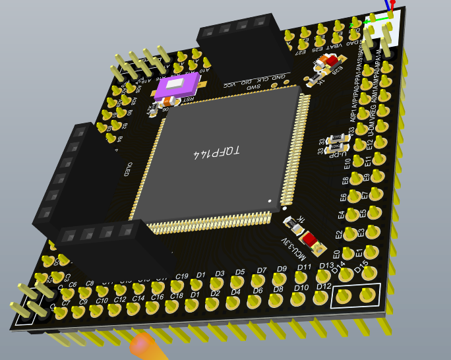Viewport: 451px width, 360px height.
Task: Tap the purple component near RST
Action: pos(178,84)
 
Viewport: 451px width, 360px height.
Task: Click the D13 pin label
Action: pos(326,266)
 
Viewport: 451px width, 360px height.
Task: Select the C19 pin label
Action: pos(183,276)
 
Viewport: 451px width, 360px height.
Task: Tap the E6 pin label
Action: pos(344,197)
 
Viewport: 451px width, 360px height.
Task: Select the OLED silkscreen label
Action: pos(129,169)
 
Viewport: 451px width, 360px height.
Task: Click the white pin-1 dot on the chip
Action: pos(269,199)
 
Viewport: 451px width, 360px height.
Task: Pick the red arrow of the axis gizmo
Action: pos(393,3)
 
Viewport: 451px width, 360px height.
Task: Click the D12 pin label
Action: pos(323,286)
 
